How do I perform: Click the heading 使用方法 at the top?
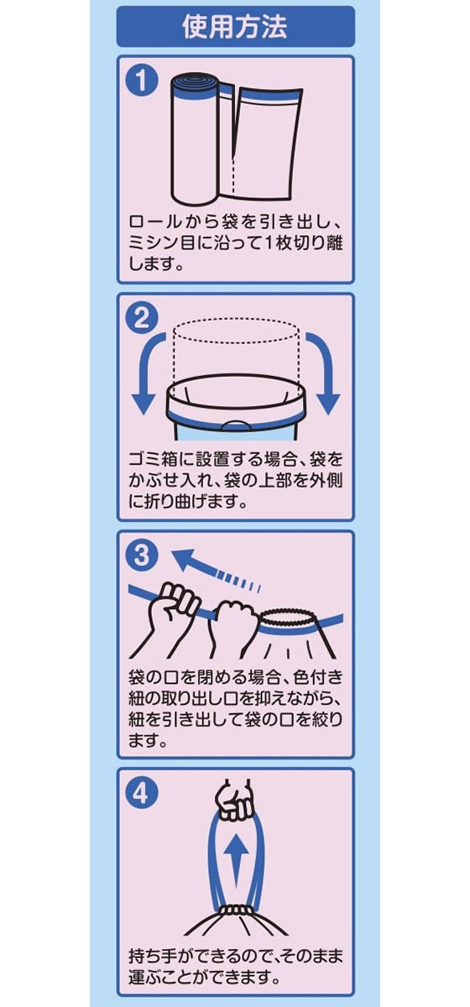(235, 27)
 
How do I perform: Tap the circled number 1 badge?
(141, 82)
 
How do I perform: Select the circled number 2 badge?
(141, 319)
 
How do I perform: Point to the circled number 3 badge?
(141, 556)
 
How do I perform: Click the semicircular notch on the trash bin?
(236, 425)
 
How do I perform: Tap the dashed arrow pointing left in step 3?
(215, 568)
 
